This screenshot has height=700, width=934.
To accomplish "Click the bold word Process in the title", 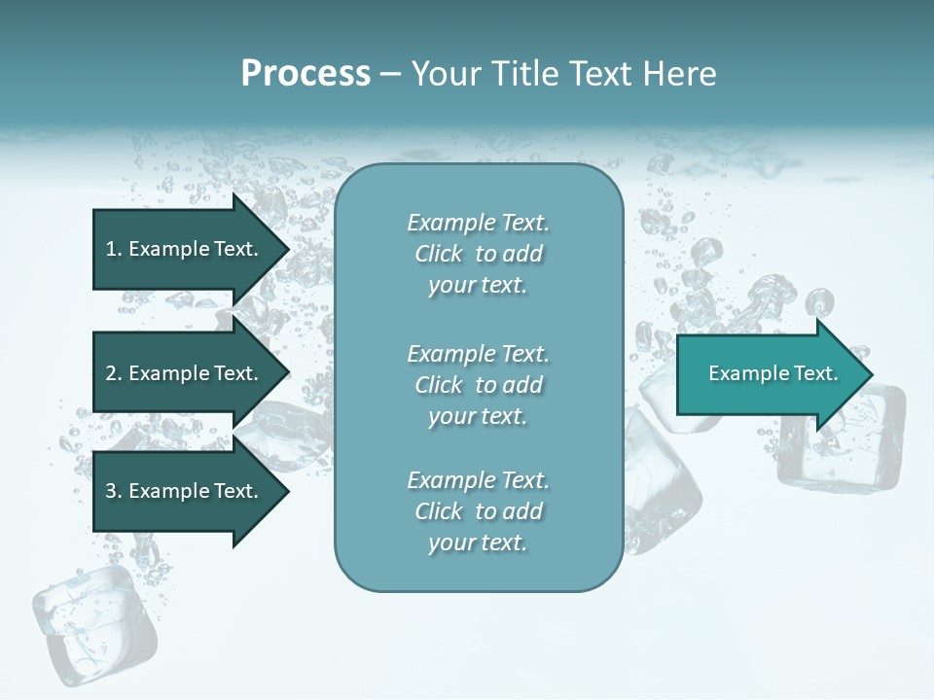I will [305, 74].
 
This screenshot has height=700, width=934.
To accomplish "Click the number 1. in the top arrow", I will [114, 249].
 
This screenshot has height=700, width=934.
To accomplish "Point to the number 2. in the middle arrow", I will [114, 373].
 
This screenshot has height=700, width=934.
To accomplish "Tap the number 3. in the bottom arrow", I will [114, 491].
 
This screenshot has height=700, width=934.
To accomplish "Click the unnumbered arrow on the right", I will [769, 374].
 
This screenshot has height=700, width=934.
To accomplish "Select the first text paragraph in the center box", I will [478, 254].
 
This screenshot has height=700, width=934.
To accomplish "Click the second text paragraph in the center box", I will [478, 385].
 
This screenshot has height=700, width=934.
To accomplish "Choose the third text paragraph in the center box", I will [478, 511].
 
